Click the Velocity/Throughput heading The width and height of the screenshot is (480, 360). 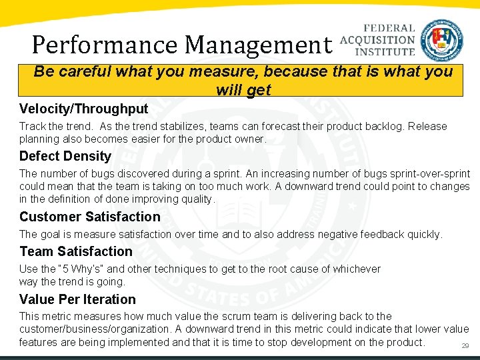tap(83, 109)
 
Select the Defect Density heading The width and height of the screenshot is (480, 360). tap(65, 157)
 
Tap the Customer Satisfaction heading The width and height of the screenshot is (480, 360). tap(90, 217)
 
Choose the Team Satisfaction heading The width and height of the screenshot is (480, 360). tap(76, 251)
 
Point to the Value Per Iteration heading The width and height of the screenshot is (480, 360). tap(77, 299)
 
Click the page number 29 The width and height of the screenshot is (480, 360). tap(465, 345)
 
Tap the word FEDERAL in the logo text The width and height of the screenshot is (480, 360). tap(389, 29)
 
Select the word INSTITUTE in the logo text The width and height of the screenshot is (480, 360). tap(385, 51)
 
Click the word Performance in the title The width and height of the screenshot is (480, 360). tap(105, 45)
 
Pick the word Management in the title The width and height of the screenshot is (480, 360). tap(258, 45)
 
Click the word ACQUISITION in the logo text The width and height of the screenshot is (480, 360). tap(377, 40)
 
